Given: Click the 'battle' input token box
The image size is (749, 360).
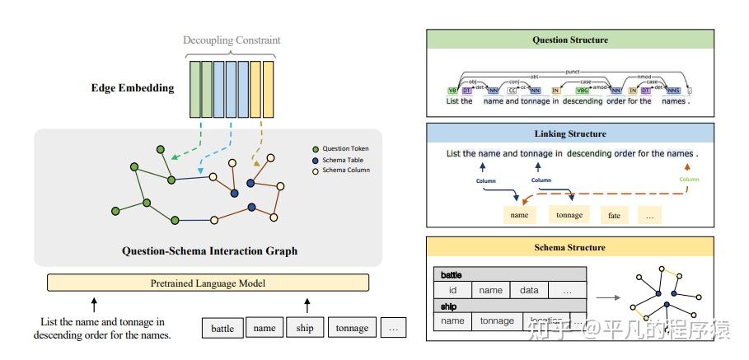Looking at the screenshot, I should pyautogui.click(x=222, y=328).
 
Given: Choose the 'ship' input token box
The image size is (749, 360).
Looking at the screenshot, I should pyautogui.click(x=303, y=328).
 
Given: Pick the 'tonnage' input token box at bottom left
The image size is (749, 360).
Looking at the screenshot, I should pyautogui.click(x=352, y=328).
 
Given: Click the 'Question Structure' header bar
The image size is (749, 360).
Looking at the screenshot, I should pyautogui.click(x=570, y=40).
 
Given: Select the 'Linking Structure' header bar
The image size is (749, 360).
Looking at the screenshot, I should pyautogui.click(x=570, y=133).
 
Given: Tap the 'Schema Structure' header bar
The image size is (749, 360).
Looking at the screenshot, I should pyautogui.click(x=570, y=247).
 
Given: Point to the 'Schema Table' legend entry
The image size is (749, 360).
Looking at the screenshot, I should pyautogui.click(x=342, y=159).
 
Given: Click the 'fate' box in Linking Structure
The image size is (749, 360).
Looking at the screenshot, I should pyautogui.click(x=614, y=215).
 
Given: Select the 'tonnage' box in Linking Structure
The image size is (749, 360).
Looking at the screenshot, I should pyautogui.click(x=569, y=215).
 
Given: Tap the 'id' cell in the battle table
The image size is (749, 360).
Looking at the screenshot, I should pyautogui.click(x=452, y=290).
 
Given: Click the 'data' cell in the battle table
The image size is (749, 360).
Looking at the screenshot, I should pyautogui.click(x=529, y=290).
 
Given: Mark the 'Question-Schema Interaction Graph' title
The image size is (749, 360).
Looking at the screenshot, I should pyautogui.click(x=209, y=250).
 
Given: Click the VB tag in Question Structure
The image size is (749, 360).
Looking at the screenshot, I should pyautogui.click(x=452, y=91).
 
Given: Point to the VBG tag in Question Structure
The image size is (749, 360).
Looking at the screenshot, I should pyautogui.click(x=583, y=91).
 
